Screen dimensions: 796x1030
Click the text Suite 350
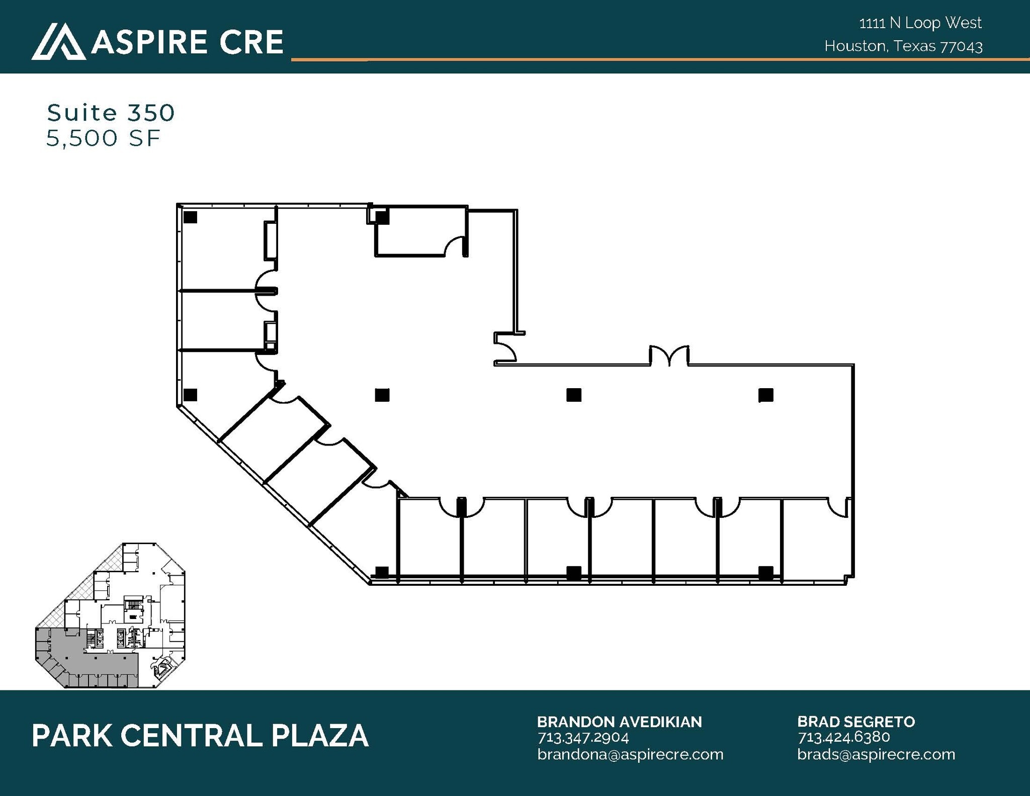point(111,113)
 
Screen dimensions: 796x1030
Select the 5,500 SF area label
point(103,138)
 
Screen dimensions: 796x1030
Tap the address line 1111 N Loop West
point(920,23)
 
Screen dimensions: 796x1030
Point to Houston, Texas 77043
point(903,46)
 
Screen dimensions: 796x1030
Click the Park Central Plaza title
point(200,736)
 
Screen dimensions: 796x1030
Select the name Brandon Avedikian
point(619,722)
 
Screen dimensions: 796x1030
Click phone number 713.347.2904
point(583,738)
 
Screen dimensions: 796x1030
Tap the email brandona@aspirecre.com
point(630,754)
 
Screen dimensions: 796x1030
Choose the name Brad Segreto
point(855,722)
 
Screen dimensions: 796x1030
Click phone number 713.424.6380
point(843,737)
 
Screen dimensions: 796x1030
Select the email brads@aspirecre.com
point(876,754)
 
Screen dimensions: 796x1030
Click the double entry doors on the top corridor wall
point(669,356)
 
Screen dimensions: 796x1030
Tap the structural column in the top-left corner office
point(190,217)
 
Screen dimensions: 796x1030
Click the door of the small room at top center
point(456,246)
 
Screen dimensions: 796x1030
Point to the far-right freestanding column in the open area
point(765,395)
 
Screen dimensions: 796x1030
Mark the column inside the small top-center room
point(382,217)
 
